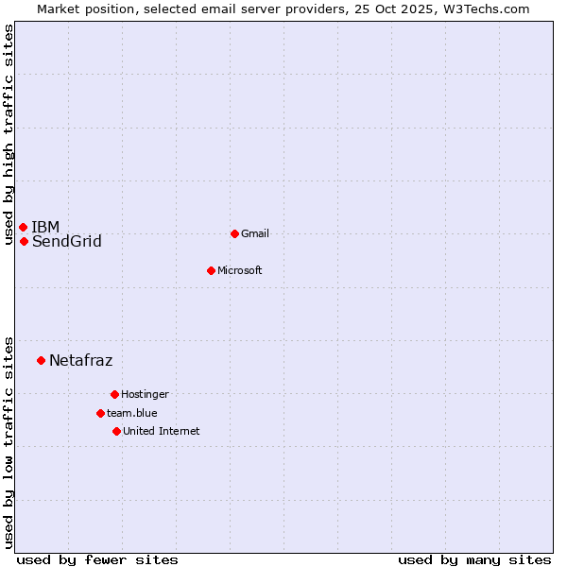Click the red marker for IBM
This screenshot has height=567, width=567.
pos(23,227)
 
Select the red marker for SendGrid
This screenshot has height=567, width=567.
pos(24,241)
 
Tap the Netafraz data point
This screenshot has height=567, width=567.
pos(41,360)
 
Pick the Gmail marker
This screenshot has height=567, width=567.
pos(234,233)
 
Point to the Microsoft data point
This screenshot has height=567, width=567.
pos(211,270)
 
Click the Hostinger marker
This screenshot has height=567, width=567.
pos(114,394)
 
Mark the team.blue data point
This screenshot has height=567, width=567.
pos(100,413)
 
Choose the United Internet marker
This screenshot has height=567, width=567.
pos(116,431)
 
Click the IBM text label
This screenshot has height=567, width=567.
pos(45,227)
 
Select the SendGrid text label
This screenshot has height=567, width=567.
pos(66,242)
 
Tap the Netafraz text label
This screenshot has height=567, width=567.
pos(80,360)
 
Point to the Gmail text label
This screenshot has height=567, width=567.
pos(255,233)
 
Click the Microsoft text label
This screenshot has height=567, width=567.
pos(239,270)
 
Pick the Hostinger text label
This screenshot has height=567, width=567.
pos(145,394)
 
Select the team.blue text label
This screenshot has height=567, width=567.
pos(131,413)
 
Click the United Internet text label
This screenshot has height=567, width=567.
pos(161,431)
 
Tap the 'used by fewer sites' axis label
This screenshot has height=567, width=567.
pos(97,559)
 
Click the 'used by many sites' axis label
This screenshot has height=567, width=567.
pos(474,559)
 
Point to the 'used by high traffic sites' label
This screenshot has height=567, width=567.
pos(9,134)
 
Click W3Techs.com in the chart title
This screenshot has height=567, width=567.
pos(484,9)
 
